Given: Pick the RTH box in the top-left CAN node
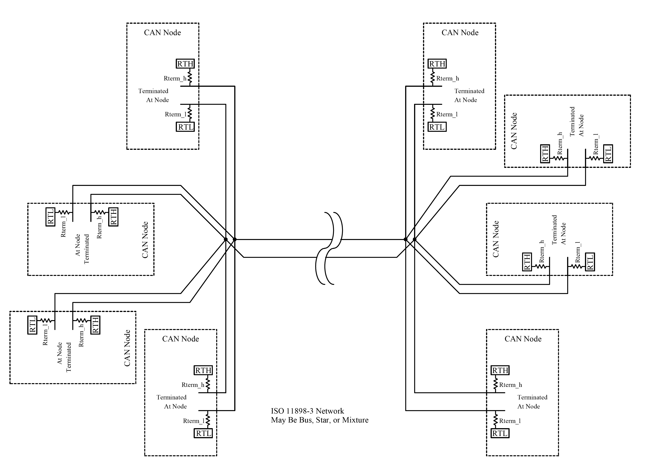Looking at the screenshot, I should click(185, 64).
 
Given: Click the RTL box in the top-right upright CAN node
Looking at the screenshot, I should click(437, 127).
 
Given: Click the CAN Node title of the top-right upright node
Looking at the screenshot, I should click(460, 33).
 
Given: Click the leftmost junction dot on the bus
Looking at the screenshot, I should click(225, 239).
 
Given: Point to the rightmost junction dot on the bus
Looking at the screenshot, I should click(414, 239).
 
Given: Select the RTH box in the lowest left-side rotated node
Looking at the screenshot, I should click(95, 325).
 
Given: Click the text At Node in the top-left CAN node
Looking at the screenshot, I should click(157, 100).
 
